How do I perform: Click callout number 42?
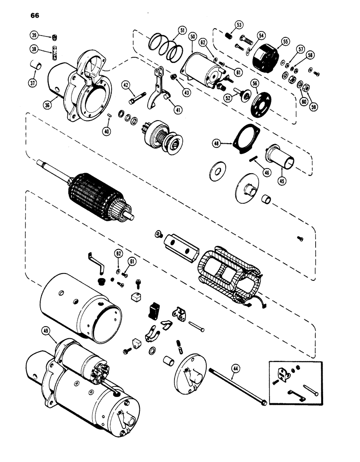coord(126,85)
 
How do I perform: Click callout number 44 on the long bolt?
coord(235,368)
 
